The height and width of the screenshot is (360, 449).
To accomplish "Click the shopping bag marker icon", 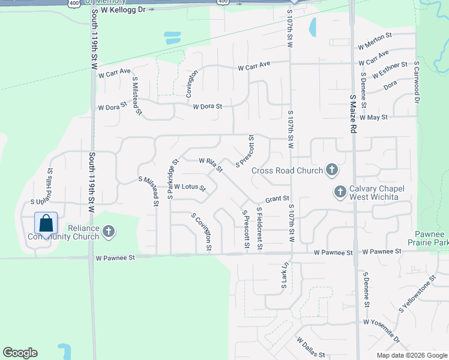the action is coord(46,224).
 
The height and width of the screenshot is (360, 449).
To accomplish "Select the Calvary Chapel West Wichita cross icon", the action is coord(340,192).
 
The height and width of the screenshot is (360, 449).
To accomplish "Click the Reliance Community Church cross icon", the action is coord(109,232).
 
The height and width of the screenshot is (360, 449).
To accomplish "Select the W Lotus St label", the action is coord(190,187).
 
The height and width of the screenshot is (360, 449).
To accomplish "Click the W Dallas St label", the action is coord(310,347).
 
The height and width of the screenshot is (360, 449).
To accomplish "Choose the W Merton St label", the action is coord(373,45).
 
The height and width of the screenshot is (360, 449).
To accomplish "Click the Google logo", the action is coord(20,353).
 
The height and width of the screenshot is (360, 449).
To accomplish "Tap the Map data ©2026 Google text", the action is coord(412,355).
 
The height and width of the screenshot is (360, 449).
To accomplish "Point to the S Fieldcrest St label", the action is coord(259,229).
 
